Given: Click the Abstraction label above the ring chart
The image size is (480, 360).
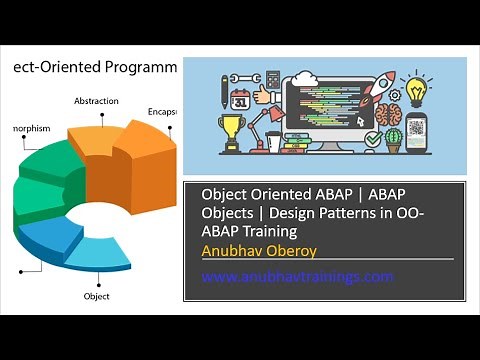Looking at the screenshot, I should tap(96, 101).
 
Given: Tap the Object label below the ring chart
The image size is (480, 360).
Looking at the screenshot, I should tap(96, 297).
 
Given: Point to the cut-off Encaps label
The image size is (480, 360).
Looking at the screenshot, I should tap(163, 111).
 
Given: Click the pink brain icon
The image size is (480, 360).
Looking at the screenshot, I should tap(389, 113).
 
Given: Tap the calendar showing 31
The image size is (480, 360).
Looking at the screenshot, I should tap(240, 99).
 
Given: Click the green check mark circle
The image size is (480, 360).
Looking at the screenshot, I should tap(372, 140).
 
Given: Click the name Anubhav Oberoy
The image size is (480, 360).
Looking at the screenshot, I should tap(254, 250).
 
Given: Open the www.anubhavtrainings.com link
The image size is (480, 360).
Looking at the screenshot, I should tap(298, 276).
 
